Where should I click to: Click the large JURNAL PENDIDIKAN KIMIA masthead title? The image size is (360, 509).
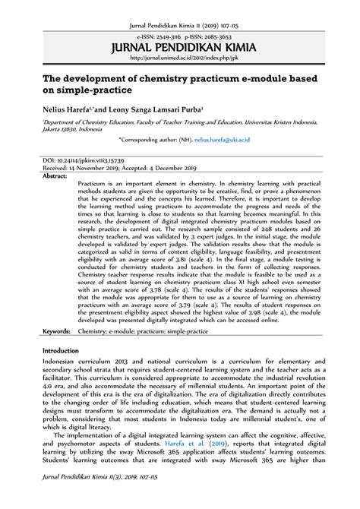(x=180, y=46)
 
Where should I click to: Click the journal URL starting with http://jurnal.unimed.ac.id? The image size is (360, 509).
(x=180, y=57)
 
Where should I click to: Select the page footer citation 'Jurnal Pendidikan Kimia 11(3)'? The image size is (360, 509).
(x=84, y=495)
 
